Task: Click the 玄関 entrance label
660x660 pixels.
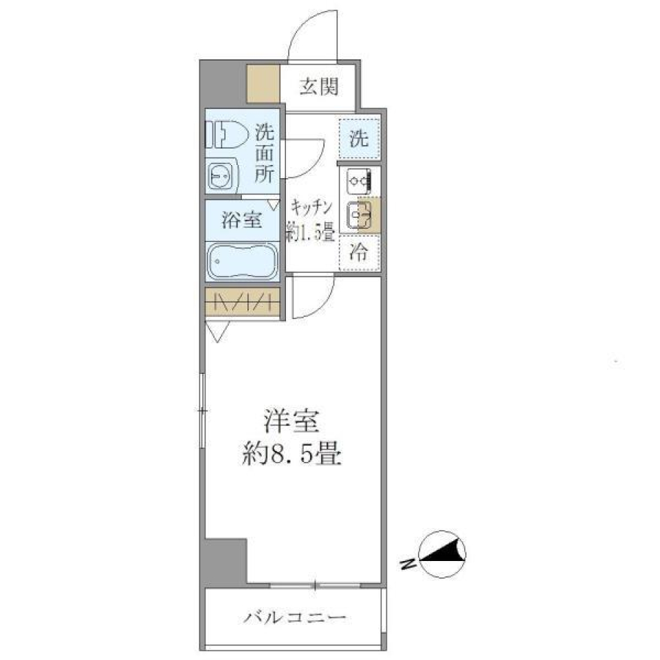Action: click(319, 87)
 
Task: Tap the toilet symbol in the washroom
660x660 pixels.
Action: click(226, 135)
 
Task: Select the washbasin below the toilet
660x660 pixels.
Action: click(221, 177)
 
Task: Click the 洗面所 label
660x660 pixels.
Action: click(264, 153)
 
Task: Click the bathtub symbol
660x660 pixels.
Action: click(241, 261)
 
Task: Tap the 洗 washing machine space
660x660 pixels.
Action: click(358, 139)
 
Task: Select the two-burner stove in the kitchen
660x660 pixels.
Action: click(359, 180)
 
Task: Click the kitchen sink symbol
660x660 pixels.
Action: click(359, 214)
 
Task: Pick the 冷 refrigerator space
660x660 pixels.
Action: click(359, 252)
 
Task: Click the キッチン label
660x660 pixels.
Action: click(311, 206)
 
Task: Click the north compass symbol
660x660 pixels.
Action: click(442, 555)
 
